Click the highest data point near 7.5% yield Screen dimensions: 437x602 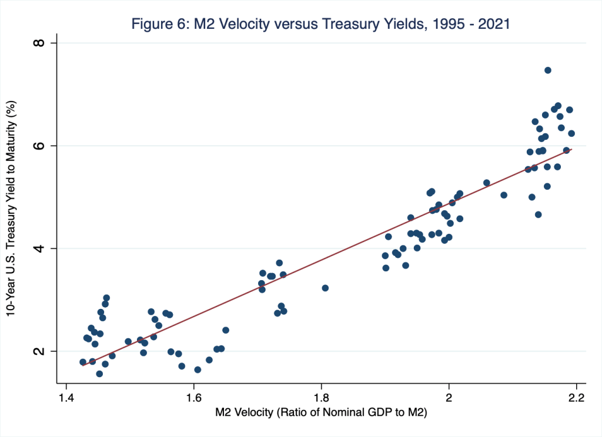coord(548,70)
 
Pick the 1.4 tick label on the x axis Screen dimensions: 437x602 coord(66,395)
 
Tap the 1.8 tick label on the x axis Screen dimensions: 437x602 coord(321,395)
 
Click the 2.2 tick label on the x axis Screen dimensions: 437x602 coord(577,395)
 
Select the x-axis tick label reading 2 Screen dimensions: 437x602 coord(449,395)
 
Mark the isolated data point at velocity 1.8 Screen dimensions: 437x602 coord(325,288)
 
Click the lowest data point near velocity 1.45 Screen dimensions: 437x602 coord(99,374)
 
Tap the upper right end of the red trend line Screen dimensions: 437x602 coord(571,149)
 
